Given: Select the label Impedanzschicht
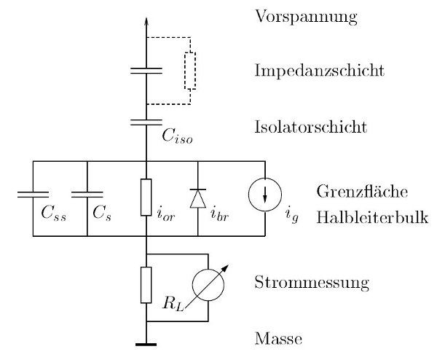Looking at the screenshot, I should [310, 71].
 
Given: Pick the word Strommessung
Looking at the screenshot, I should [304, 280].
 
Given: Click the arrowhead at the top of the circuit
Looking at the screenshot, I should [146, 22].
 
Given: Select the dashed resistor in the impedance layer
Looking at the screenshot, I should [190, 71].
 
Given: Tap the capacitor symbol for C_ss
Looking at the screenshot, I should [34, 195].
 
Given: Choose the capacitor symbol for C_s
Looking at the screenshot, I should [87, 195].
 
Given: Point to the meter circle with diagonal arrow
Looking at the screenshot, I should [209, 287].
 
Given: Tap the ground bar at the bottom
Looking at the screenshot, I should [146, 343].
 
